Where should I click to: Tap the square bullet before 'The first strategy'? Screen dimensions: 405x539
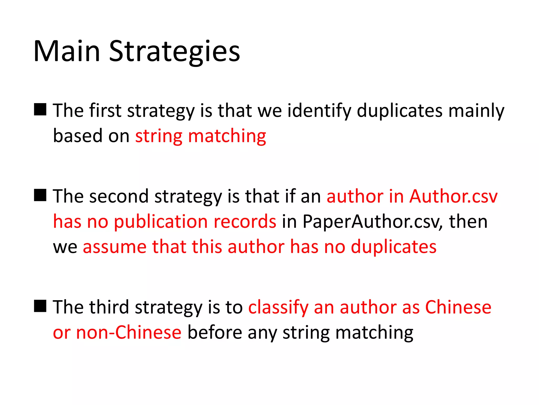pos(40,109)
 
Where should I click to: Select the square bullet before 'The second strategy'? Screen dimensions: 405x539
pos(40,195)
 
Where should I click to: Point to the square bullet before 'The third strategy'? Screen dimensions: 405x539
pos(40,306)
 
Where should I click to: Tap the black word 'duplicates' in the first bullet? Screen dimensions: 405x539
pos(400,111)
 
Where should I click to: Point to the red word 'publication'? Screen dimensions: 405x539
pos(161,221)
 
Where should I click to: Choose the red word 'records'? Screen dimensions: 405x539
pos(245,221)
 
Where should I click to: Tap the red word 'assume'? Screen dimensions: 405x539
pos(115,247)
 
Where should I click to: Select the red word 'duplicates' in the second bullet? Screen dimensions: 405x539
pos(394,247)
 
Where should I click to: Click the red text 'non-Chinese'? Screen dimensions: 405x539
pos(129,332)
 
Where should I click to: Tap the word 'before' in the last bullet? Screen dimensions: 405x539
pos(215,332)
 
